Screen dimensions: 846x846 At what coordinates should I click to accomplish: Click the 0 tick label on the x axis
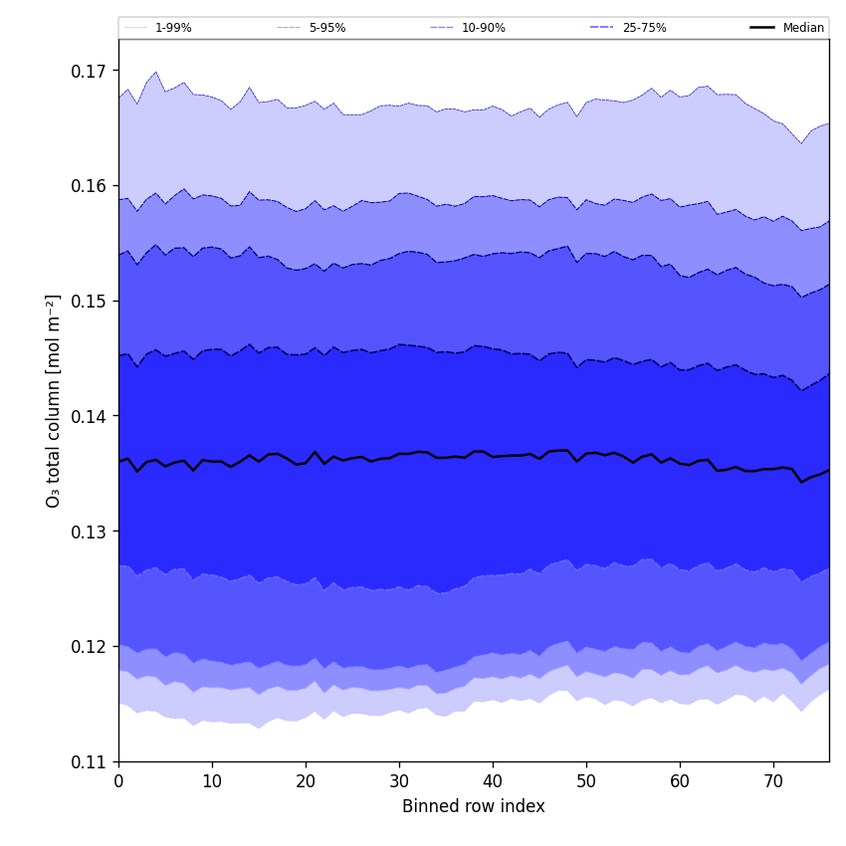point(118,781)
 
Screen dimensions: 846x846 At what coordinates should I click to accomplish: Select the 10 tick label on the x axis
point(212,781)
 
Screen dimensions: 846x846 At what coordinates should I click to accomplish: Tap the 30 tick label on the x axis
point(399,781)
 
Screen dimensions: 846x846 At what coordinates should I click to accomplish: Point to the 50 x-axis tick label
point(586,781)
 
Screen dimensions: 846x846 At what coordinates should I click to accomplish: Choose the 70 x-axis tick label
point(773,781)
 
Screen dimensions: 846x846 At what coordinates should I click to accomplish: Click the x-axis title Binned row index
point(474,807)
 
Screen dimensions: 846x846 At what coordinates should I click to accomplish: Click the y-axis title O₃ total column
point(54,400)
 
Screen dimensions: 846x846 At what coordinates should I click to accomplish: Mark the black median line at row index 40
point(493,457)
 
